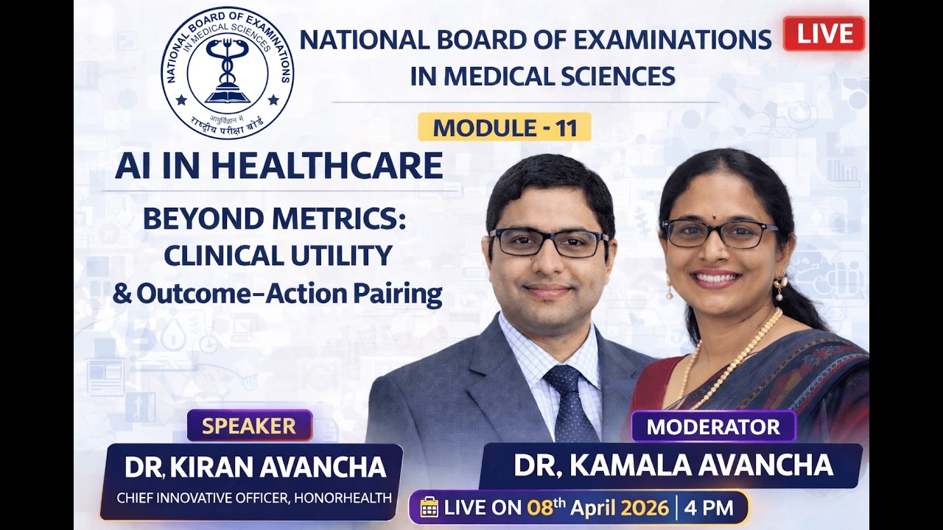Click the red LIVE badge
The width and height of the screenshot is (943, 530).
click(824, 34)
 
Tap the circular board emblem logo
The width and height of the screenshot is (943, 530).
click(227, 73)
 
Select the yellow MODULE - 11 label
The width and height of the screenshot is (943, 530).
click(505, 127)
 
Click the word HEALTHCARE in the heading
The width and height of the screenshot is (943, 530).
click(327, 166)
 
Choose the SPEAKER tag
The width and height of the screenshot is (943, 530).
click(249, 425)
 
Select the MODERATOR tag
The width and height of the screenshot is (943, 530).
click(713, 426)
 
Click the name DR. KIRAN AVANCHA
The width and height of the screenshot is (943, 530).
click(255, 467)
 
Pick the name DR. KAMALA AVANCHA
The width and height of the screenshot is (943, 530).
click(673, 464)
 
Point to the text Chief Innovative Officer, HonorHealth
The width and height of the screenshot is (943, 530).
click(254, 498)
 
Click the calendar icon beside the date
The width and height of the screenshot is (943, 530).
click(429, 507)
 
